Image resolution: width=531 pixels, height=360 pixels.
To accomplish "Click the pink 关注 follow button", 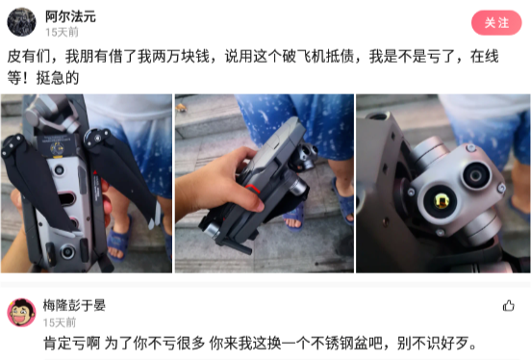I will (x=496, y=22).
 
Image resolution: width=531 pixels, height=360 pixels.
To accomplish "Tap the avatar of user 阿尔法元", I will (x=21, y=21).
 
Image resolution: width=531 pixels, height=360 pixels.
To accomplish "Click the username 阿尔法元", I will (x=70, y=16).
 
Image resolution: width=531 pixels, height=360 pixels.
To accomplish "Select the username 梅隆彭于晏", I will (x=75, y=305).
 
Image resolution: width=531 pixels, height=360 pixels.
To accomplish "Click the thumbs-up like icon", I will (x=508, y=306).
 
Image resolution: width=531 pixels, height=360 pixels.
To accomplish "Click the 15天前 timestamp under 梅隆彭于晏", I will (x=59, y=322).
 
